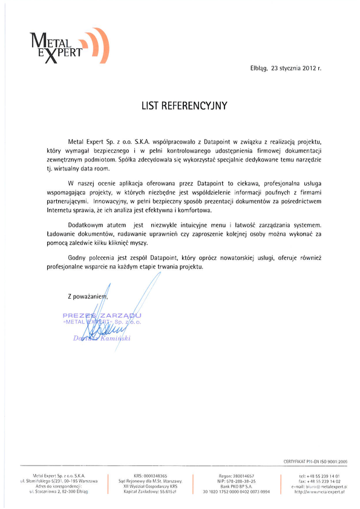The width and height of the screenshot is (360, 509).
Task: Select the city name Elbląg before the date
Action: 259,68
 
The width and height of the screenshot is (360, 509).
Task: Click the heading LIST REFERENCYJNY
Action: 180,105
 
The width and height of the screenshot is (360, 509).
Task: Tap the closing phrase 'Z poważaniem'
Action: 88,296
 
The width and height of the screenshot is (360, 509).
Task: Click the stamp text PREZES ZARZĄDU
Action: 102,316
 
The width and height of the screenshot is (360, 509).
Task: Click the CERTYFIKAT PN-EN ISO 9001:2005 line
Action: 315,461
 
